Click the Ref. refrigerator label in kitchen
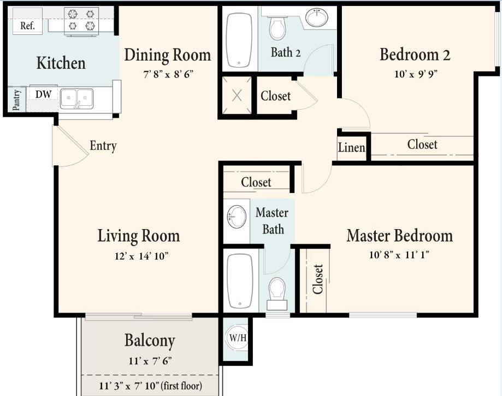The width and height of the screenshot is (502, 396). pyautogui.click(x=27, y=26)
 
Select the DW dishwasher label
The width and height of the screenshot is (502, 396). pyautogui.click(x=43, y=94)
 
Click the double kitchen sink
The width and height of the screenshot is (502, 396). pyautogui.click(x=76, y=98)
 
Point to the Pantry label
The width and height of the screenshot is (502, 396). pyautogui.click(x=16, y=100)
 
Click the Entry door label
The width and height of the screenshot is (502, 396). pyautogui.click(x=103, y=146)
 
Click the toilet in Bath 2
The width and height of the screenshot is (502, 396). pyautogui.click(x=277, y=28)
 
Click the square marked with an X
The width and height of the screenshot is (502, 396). pyautogui.click(x=237, y=96)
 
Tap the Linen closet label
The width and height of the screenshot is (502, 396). pyautogui.click(x=351, y=147)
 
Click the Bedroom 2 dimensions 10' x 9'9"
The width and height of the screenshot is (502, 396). pyautogui.click(x=416, y=73)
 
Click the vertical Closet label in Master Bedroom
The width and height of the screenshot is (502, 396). pyautogui.click(x=317, y=279)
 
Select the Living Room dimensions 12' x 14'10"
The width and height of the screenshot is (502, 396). pyautogui.click(x=138, y=256)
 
